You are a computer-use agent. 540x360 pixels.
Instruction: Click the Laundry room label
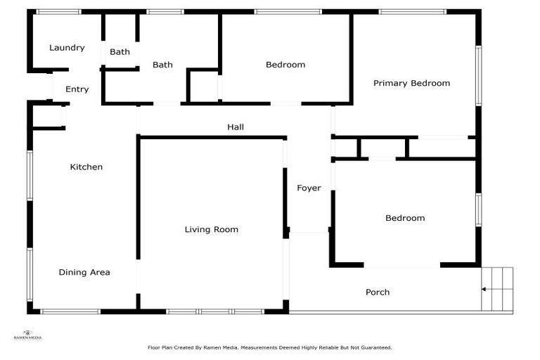[x=67, y=48]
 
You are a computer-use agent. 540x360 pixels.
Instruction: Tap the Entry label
[x=77, y=89]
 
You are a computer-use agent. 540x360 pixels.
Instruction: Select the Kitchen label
[x=86, y=167]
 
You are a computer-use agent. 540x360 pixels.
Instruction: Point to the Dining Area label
[x=84, y=272]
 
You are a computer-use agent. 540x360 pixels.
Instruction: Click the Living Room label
[x=212, y=230]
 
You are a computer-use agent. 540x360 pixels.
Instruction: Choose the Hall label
[x=236, y=127]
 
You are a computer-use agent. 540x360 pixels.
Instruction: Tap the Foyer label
[x=309, y=188]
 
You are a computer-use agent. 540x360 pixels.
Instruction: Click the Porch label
[x=378, y=292]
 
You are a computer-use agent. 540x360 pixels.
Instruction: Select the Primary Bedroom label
[x=411, y=83]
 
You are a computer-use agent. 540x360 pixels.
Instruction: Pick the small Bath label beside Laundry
[x=120, y=52]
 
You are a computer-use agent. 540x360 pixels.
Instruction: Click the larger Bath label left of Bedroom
[x=162, y=65]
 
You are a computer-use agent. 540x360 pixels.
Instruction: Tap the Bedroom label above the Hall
[x=285, y=65]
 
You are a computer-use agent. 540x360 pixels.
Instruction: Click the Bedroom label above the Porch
[x=405, y=218]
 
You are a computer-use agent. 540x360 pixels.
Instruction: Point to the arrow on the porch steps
[x=485, y=288]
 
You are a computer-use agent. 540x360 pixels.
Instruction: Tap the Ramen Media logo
[x=28, y=335]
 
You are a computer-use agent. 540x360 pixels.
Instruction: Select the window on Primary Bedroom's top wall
[x=411, y=12]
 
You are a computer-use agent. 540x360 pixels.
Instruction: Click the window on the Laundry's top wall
[x=58, y=12]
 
